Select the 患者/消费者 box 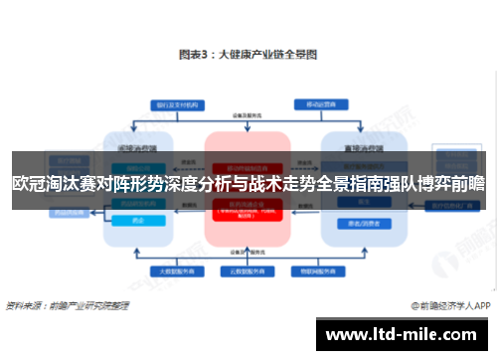355,221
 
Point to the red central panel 248,229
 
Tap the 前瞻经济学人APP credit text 449,307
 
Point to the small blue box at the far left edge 40,212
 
